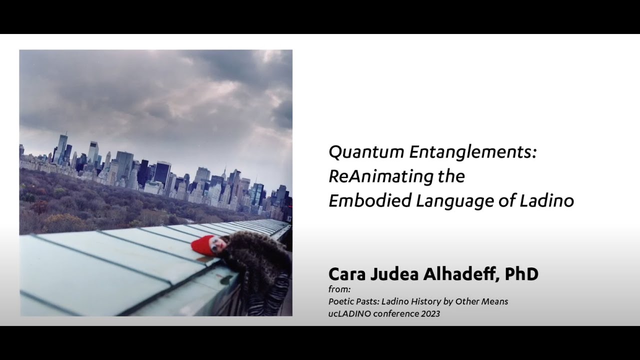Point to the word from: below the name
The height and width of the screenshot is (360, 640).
(339, 289)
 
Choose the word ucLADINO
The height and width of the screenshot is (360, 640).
(350, 314)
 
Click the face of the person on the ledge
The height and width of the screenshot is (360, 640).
(217, 244)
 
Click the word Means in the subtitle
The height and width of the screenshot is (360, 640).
(495, 301)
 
